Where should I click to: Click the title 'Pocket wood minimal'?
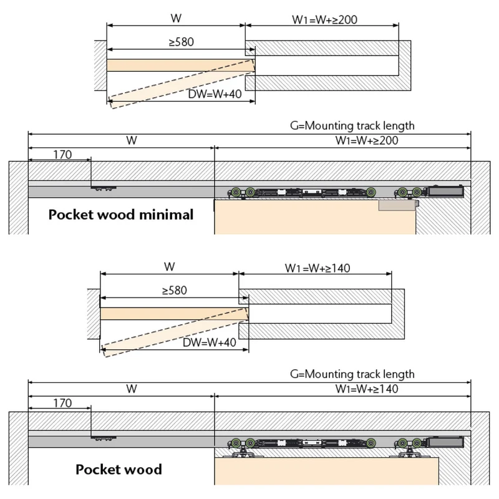pyautogui.click(x=121, y=215)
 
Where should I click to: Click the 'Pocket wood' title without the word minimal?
pyautogui.click(x=119, y=470)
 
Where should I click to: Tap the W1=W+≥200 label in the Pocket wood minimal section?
pyautogui.click(x=367, y=140)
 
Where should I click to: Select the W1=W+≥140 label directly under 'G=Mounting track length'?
pyautogui.click(x=367, y=389)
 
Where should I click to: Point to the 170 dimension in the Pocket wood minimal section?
pyautogui.click(x=62, y=155)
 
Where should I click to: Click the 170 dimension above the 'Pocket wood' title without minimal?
pyautogui.click(x=62, y=403)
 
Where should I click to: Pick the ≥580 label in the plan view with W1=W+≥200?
pyautogui.click(x=181, y=42)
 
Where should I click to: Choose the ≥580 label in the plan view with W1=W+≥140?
pyautogui.click(x=175, y=290)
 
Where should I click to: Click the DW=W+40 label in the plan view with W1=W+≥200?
pyautogui.click(x=215, y=94)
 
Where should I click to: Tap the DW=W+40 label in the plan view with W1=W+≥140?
pyautogui.click(x=210, y=342)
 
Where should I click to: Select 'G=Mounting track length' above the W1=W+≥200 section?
pyautogui.click(x=352, y=126)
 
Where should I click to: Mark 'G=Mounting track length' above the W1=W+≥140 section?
pyautogui.click(x=352, y=374)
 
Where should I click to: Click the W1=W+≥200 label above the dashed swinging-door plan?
pyautogui.click(x=324, y=20)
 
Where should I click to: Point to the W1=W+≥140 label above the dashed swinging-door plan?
pyautogui.click(x=317, y=268)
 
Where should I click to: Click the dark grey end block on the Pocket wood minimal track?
pyautogui.click(x=446, y=191)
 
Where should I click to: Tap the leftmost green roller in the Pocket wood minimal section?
pyautogui.click(x=236, y=192)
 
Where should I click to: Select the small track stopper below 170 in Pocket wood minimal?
pyautogui.click(x=104, y=189)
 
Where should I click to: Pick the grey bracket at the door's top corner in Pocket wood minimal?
pyautogui.click(x=399, y=205)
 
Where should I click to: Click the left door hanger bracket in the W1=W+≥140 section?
pyautogui.click(x=243, y=453)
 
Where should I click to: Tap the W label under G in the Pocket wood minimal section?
pyautogui.click(x=132, y=140)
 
